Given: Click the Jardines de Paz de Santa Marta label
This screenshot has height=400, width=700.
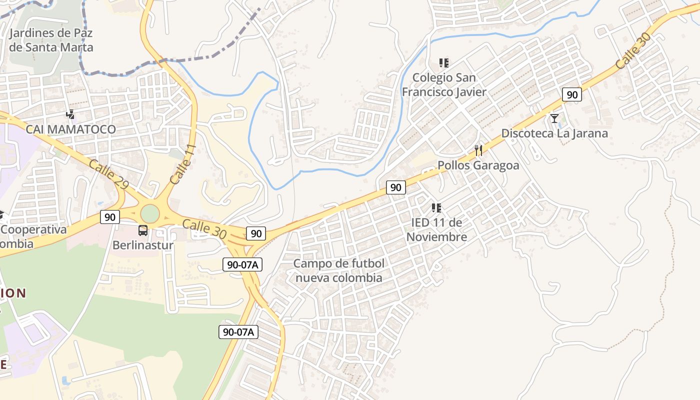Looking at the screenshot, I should pos(51,40).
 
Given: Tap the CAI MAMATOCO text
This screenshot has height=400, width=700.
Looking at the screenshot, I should pos(70,129).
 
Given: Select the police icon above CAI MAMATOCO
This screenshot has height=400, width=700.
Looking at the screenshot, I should pos(70,114).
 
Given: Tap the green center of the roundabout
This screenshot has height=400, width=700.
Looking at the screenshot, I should pos(149,214).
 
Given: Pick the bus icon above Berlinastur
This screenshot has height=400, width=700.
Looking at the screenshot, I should pos(143,230).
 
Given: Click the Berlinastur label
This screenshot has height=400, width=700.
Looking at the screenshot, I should pos(143,245).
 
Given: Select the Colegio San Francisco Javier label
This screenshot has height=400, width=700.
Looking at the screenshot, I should pos(444,85).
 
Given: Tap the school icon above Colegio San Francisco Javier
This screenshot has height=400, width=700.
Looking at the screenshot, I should pos(444,63).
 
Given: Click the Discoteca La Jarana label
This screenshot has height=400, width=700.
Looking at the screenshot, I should pos(554,133).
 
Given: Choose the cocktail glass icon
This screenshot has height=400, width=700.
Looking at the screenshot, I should pos(554,118).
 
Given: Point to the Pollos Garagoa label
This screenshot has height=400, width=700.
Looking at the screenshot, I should pos(478,165).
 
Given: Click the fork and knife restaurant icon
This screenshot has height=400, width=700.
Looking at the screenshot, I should pos(478,150).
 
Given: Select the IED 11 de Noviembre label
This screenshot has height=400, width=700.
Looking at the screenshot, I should pos(436,229).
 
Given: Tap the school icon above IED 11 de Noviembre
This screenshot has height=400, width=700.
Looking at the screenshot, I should pos(436,207).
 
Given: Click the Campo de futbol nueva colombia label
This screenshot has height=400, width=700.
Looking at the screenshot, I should pos(339,270).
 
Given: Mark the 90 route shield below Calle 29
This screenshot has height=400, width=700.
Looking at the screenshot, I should pos(110,217).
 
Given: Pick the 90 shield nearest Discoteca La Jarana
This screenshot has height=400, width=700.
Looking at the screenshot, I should pos(572,94).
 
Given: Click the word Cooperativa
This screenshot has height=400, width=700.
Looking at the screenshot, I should pos(34,229).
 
